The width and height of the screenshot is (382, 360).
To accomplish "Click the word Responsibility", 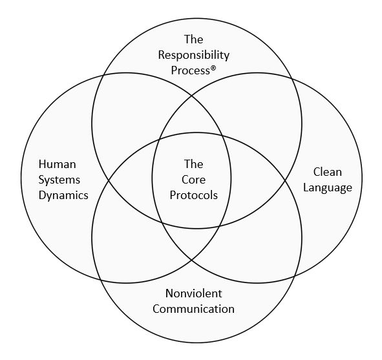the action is [x=194, y=56].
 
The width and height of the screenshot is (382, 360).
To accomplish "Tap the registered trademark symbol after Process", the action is [x=213, y=69].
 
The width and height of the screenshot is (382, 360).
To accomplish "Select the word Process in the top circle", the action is [x=190, y=70].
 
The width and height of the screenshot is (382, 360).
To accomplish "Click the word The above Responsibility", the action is [x=193, y=39].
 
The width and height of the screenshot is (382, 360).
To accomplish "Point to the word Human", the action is [x=58, y=164].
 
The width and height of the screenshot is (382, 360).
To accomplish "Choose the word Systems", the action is [x=59, y=180].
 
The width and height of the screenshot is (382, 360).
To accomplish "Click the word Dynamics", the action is [x=63, y=195].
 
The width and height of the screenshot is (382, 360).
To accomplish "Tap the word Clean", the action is [x=328, y=172].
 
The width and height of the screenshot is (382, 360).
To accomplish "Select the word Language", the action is [x=328, y=188].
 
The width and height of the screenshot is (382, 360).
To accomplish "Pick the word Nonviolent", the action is [x=194, y=293].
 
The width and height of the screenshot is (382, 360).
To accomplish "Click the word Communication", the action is [x=194, y=309].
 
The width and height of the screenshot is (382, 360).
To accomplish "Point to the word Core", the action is [x=193, y=180].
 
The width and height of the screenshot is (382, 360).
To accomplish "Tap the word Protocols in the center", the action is [x=194, y=195].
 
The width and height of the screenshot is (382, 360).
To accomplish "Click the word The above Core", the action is [x=193, y=164].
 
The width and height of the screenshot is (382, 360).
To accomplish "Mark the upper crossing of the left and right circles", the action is [x=191, y=96].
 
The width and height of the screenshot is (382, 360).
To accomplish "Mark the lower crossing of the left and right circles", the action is [x=191, y=260].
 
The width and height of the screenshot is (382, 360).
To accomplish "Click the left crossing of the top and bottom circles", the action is [x=109, y=180].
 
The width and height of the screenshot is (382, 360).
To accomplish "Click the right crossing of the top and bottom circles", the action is [x=285, y=180].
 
